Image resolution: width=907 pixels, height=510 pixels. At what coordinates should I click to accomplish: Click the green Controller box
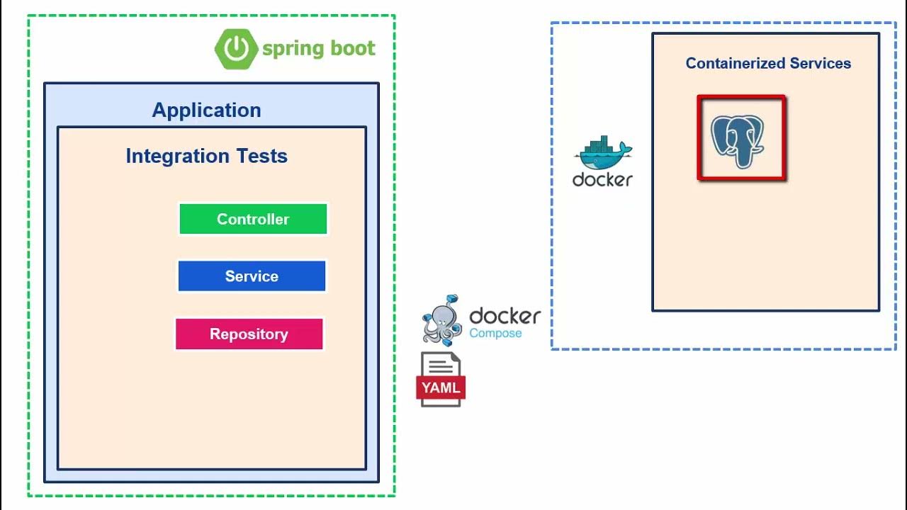click(253, 219)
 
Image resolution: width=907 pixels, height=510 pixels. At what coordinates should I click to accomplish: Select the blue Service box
click(252, 276)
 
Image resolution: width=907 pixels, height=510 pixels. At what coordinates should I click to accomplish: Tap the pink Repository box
click(249, 334)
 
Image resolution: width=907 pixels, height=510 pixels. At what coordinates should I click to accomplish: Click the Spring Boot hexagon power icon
click(236, 49)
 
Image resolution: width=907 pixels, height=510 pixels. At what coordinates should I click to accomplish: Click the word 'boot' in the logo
click(351, 48)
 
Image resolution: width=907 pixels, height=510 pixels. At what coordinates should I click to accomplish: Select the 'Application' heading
click(206, 110)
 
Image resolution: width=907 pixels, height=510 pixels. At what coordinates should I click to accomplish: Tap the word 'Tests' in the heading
click(261, 156)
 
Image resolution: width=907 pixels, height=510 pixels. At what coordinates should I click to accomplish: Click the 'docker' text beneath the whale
click(602, 180)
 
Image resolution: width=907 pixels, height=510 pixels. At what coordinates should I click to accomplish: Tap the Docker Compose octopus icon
click(442, 320)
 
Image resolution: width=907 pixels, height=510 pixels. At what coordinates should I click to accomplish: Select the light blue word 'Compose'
click(495, 334)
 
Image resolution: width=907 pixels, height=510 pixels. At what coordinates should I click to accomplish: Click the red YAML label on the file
click(441, 387)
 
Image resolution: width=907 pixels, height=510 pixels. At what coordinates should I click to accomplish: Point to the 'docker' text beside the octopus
click(505, 315)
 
